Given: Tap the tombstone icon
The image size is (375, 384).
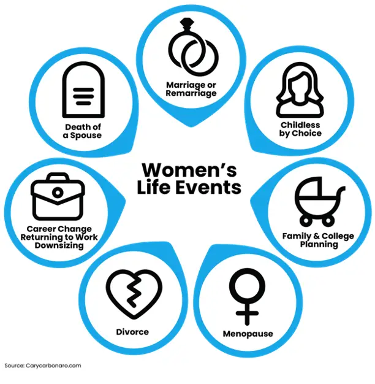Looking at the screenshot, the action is [83, 90].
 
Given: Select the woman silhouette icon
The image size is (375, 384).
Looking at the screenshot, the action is [300, 90].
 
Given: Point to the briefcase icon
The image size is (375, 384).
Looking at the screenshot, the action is [58, 196].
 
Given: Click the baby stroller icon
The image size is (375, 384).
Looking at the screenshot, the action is [319, 201].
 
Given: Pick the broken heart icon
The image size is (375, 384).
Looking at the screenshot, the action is [134, 294].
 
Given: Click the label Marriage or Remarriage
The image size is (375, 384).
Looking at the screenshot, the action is [191, 89].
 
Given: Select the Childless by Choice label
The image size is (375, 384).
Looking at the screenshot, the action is [300, 129].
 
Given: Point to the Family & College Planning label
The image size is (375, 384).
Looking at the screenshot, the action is [318, 240].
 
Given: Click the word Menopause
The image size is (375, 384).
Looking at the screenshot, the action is [248, 334].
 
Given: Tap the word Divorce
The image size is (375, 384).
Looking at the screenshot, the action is [132, 332].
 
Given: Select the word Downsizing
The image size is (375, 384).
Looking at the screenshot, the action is [59, 245].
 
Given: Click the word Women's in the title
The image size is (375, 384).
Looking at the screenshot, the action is [189, 170].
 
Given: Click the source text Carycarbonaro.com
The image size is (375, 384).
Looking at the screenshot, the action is [53, 366].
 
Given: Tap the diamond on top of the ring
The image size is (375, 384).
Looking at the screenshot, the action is [187, 24].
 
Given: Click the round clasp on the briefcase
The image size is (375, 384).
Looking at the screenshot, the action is [58, 193].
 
